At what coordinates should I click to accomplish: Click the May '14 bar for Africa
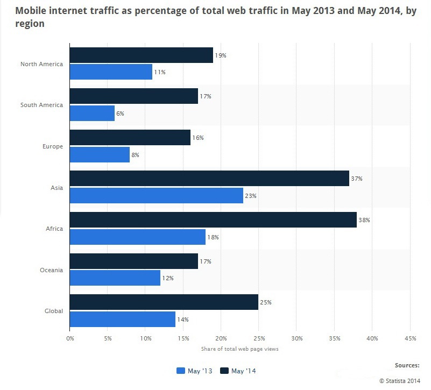pyautogui.click(x=213, y=220)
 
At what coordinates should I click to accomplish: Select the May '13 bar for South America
pyautogui.click(x=92, y=113)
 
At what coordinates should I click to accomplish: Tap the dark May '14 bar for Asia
pyautogui.click(x=209, y=179)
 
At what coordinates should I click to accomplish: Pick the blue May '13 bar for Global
pyautogui.click(x=122, y=319)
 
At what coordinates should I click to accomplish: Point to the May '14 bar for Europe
pyautogui.click(x=130, y=138)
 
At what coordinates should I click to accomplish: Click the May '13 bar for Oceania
pyautogui.click(x=115, y=278)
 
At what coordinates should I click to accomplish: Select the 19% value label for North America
pyautogui.click(x=221, y=55)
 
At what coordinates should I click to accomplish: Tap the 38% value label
pyautogui.click(x=364, y=220)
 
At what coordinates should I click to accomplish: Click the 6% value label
pyautogui.click(x=121, y=114)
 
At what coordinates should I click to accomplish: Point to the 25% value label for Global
pyautogui.click(x=266, y=302)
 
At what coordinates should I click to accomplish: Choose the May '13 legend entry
pyautogui.click(x=195, y=371)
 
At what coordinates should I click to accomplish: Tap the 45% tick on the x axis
pyautogui.click(x=410, y=338)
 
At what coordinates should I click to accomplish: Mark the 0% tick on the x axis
pyautogui.click(x=70, y=338)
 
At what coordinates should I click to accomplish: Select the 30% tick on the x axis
pyautogui.click(x=296, y=338)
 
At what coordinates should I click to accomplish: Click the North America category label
pyautogui.click(x=41, y=64)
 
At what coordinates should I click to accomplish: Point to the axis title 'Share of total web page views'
pyautogui.click(x=239, y=349)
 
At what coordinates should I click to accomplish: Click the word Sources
pyautogui.click(x=407, y=365)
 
